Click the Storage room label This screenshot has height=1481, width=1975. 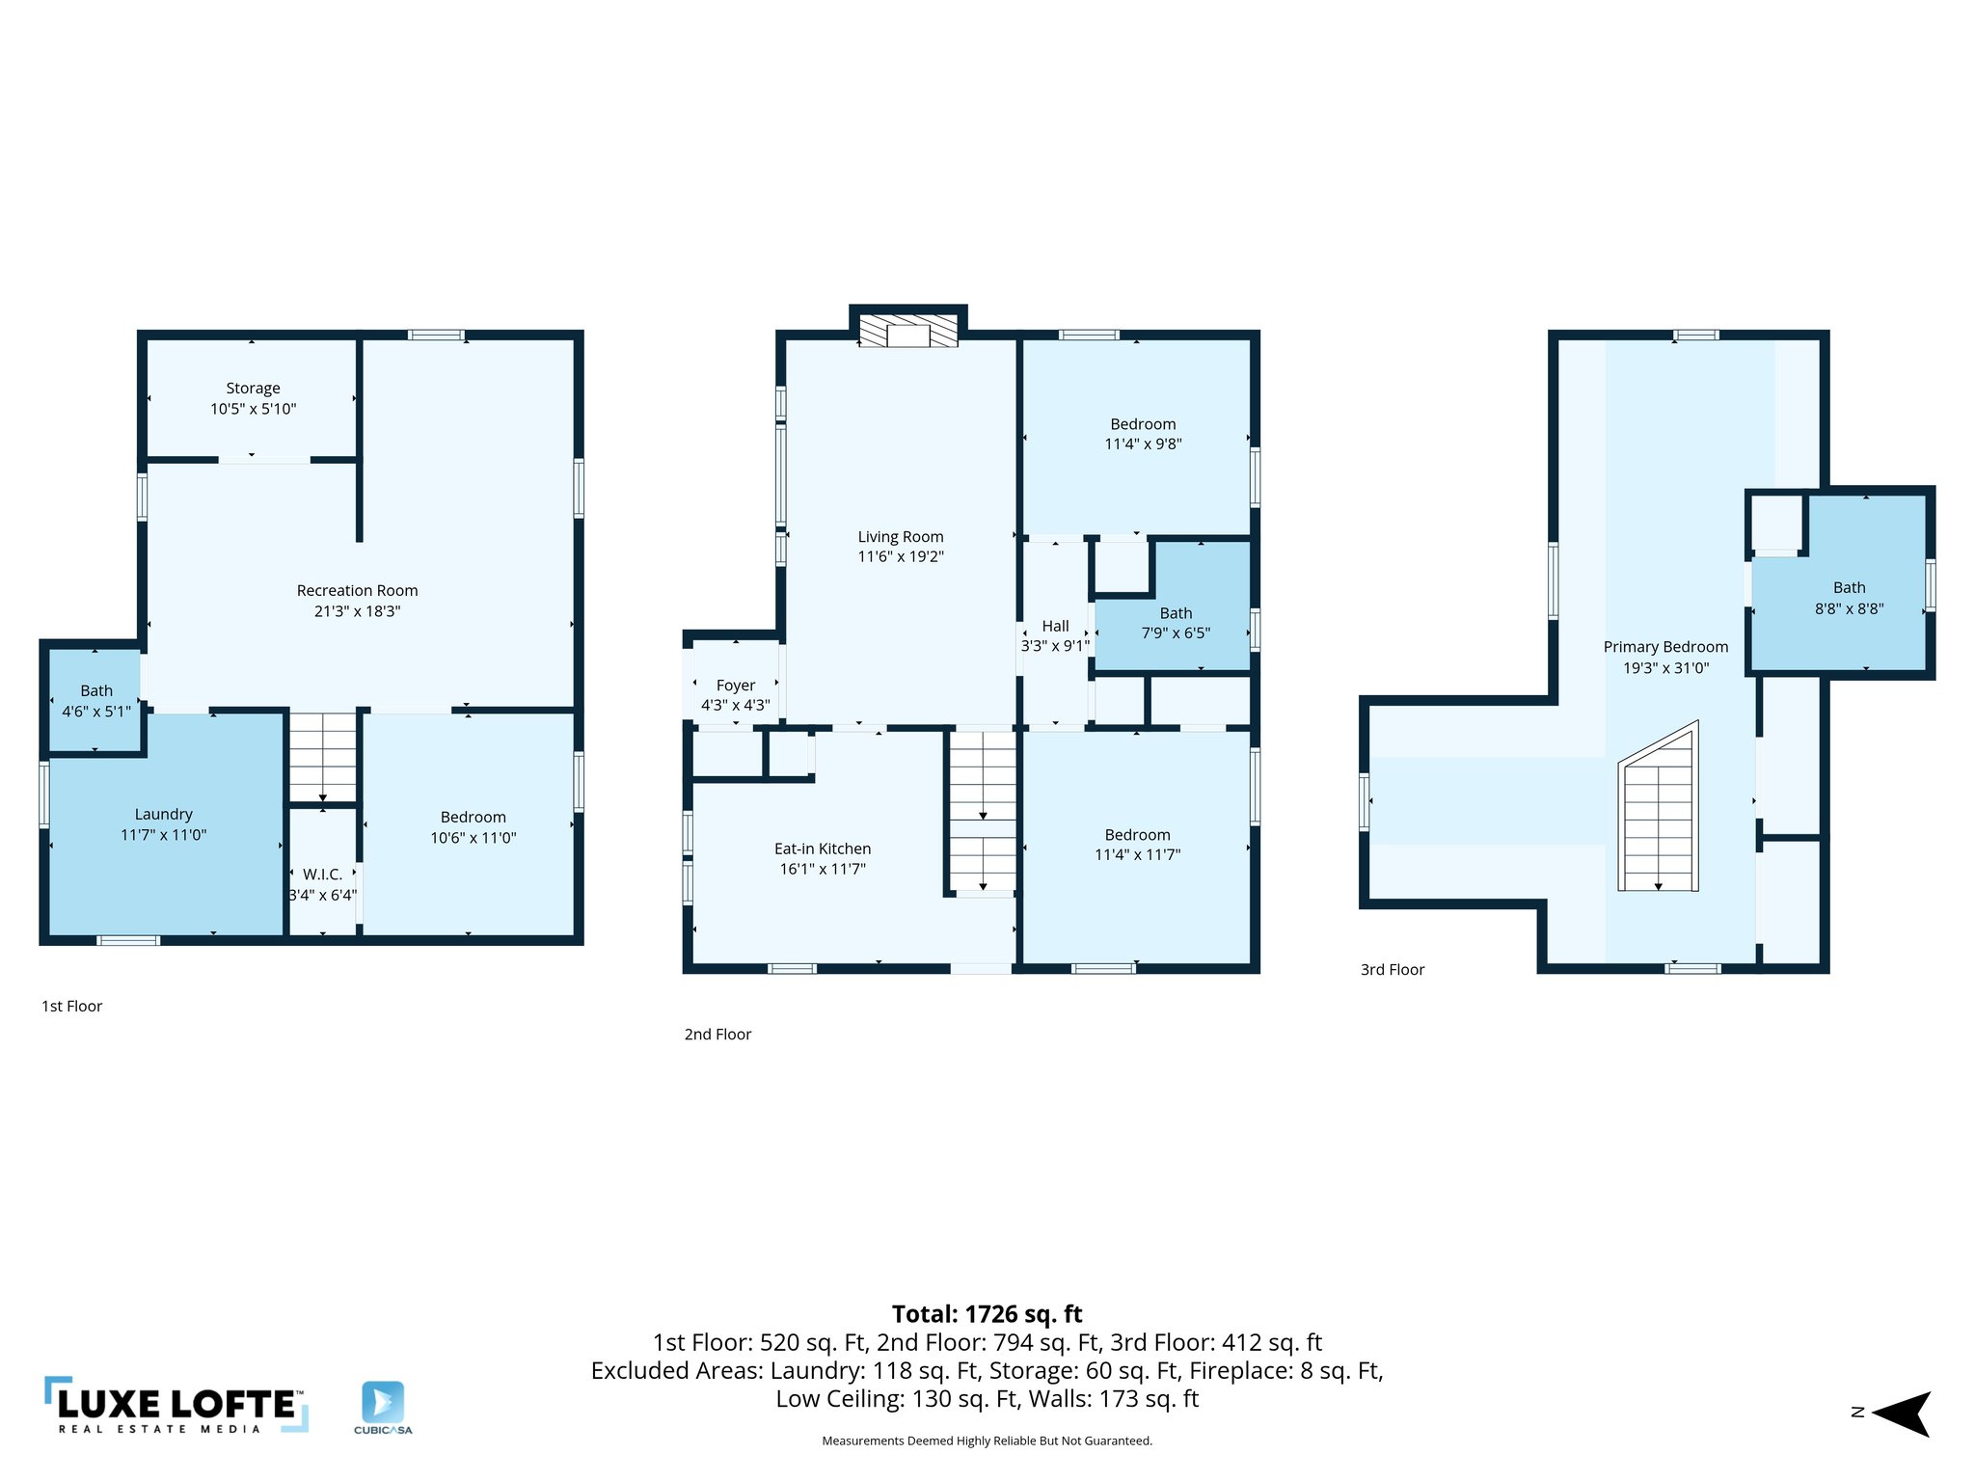(253, 389)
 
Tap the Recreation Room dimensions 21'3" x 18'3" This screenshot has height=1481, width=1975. (357, 611)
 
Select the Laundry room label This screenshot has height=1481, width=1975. (163, 815)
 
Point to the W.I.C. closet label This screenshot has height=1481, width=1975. (322, 875)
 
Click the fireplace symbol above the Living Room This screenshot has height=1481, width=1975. (907, 331)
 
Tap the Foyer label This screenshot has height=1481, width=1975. (735, 686)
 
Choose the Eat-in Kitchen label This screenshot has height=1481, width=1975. (822, 849)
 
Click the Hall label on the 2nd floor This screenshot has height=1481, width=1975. (1055, 627)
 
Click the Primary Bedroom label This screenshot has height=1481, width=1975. (1665, 647)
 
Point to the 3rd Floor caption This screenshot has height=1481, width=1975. (1392, 970)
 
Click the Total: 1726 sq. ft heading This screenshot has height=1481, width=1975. (987, 1314)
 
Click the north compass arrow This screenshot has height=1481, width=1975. (1902, 1414)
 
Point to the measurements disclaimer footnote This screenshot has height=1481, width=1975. (987, 1441)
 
